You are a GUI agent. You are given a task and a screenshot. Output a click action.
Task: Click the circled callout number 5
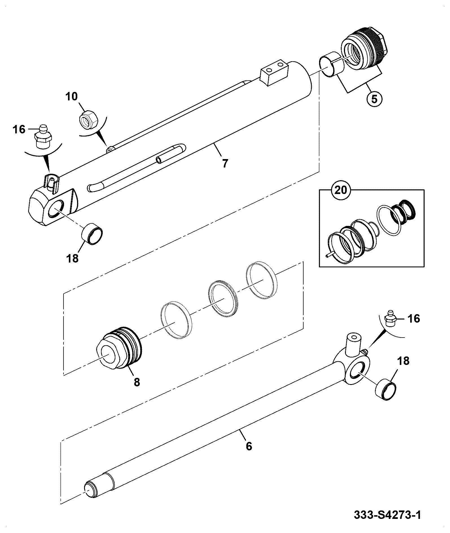[374, 100]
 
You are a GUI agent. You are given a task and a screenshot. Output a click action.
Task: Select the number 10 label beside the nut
[71, 96]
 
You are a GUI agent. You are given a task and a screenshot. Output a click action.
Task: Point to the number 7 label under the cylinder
[225, 163]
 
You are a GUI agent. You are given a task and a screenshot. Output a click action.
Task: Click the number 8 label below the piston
[137, 382]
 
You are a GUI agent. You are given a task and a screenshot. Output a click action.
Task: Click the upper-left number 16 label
[19, 130]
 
